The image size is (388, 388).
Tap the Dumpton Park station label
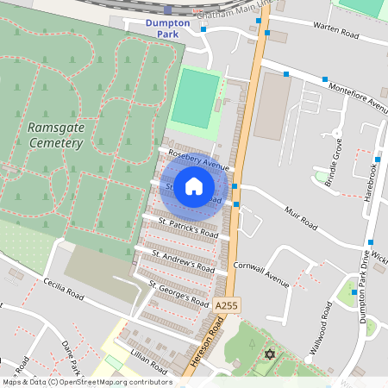click(x=167, y=28)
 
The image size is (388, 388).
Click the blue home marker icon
click(x=194, y=186)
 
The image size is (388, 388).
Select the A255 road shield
click(x=226, y=305)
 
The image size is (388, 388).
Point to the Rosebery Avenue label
click(x=198, y=160)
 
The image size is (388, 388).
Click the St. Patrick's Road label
click(x=187, y=228)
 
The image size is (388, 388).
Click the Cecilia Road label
click(x=65, y=288)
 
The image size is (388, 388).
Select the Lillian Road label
click(x=147, y=360)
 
